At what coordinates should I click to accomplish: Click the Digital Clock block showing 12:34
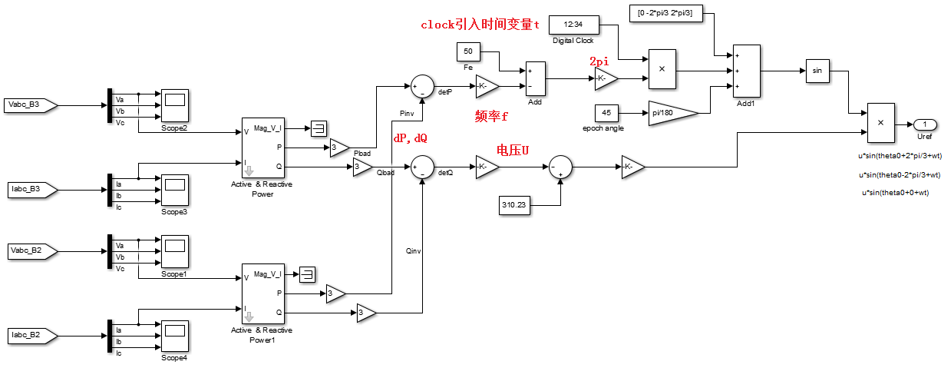573,25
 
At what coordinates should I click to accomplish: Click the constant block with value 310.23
514,206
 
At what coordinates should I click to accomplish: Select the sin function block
817,71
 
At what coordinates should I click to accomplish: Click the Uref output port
924,124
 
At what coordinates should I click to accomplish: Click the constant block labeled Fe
468,52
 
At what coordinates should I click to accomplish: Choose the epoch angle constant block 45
606,113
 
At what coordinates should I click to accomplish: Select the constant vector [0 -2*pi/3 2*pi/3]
666,14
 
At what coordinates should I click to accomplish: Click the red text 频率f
491,116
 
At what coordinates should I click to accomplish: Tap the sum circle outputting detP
422,86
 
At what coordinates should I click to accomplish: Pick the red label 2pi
600,61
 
